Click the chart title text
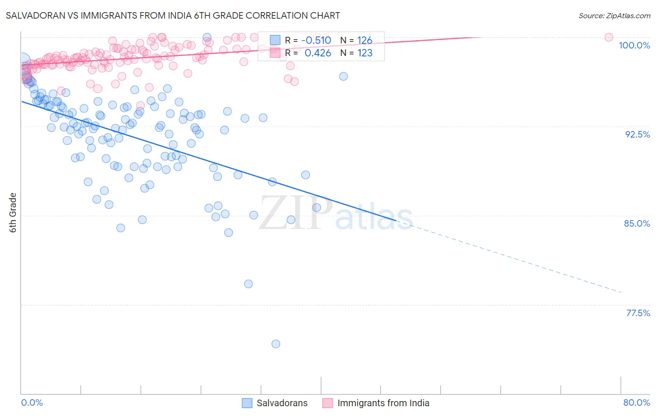coord(173,15)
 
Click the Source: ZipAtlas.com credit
coord(614,15)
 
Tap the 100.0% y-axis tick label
coord(634,45)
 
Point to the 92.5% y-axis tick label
coord(637,134)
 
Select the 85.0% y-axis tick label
coord(637,223)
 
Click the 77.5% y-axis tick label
coord(638,313)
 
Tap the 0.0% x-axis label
coord(32,402)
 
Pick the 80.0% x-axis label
coord(636,402)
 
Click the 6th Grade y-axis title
coord(13,213)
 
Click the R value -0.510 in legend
coord(316,40)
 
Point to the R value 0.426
coord(318,53)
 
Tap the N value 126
coord(364,40)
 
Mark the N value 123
coord(364,53)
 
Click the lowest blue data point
coord(276,344)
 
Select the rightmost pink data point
coord(608,37)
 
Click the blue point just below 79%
coord(248,284)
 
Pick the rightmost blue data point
coord(343,76)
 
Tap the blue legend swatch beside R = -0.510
coord(275,40)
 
